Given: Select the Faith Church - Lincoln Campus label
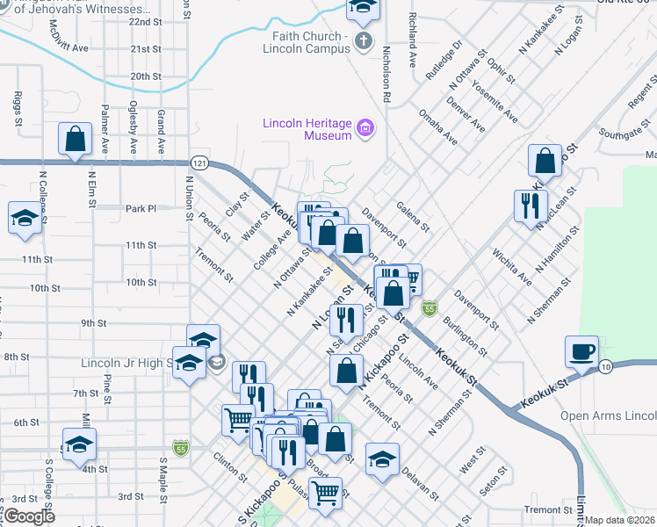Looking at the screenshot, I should point(307,41).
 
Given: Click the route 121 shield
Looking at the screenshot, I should point(201,163).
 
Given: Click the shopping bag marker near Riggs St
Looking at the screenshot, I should point(76,140).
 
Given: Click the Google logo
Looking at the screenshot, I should point(29,516).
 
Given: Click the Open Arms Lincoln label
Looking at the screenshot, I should point(608,415).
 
